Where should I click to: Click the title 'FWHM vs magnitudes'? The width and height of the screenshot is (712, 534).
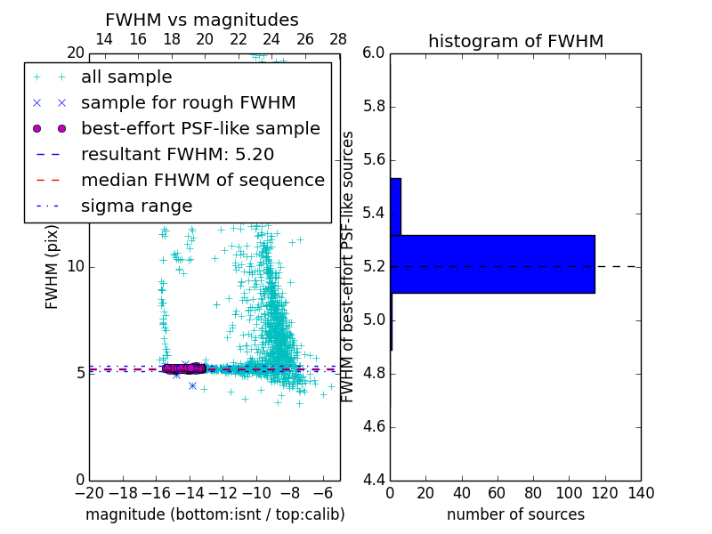tap(201, 20)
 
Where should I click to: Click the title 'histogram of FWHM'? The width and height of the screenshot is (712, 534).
tap(515, 42)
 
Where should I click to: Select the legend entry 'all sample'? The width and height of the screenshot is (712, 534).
tap(126, 77)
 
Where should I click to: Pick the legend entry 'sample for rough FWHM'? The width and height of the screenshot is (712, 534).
tap(188, 103)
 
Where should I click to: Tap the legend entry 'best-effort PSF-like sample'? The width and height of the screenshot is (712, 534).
tap(200, 129)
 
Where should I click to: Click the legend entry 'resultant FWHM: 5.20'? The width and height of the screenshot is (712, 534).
tap(177, 155)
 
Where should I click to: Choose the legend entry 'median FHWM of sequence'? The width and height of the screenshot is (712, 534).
tap(202, 181)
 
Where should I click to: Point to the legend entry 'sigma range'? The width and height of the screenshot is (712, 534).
tap(136, 206)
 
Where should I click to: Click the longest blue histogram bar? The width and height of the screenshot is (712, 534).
tap(492, 264)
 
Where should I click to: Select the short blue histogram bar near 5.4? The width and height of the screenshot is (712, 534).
tap(395, 206)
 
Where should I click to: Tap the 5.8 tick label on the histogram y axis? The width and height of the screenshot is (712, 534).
tap(373, 107)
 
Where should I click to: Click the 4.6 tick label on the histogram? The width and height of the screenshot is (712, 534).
tap(373, 426)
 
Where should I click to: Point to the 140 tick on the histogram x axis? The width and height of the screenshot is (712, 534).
tap(640, 493)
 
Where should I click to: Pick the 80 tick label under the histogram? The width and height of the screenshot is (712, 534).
tap(533, 493)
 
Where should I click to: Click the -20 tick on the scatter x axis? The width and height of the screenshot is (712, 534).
tap(89, 493)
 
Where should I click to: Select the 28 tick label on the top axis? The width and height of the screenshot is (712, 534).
tap(338, 40)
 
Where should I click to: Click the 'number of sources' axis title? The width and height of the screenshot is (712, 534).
tap(515, 514)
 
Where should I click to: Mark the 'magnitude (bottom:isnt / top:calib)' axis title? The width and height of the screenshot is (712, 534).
tap(214, 514)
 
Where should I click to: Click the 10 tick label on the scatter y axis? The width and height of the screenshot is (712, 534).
tap(75, 266)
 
